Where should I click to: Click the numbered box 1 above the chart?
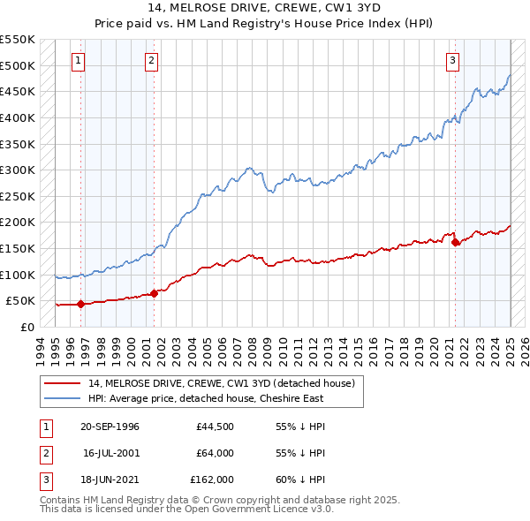point(79,61)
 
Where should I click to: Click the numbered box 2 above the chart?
point(152,61)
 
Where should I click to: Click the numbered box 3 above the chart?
point(452,61)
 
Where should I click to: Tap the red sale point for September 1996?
point(80,304)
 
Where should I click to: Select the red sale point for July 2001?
point(154,293)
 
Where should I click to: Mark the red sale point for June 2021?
point(455,242)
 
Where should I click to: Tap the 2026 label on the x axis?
point(523,346)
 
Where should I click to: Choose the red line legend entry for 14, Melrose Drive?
point(221,383)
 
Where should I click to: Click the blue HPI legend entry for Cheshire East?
point(206,398)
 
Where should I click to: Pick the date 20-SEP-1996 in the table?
point(110,427)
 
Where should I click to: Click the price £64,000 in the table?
point(215,453)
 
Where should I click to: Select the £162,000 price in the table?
point(212,479)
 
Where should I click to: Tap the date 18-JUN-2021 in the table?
point(110,479)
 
